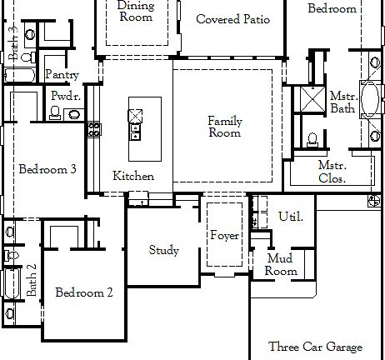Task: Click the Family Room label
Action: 224,127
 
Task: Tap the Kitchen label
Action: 133,176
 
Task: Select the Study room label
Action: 163,250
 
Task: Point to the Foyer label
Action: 224,236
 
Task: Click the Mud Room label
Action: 281,265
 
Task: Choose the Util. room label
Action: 290,217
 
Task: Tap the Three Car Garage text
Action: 315,347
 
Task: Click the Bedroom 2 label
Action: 84,292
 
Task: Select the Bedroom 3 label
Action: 47,169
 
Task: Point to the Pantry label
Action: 62,75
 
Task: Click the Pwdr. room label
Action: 66,96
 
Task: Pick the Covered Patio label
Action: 232,18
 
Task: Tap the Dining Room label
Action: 136,11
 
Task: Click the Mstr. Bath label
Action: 342,102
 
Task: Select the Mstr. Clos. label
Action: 333,171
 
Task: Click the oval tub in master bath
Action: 368,97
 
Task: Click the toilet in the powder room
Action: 55,112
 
